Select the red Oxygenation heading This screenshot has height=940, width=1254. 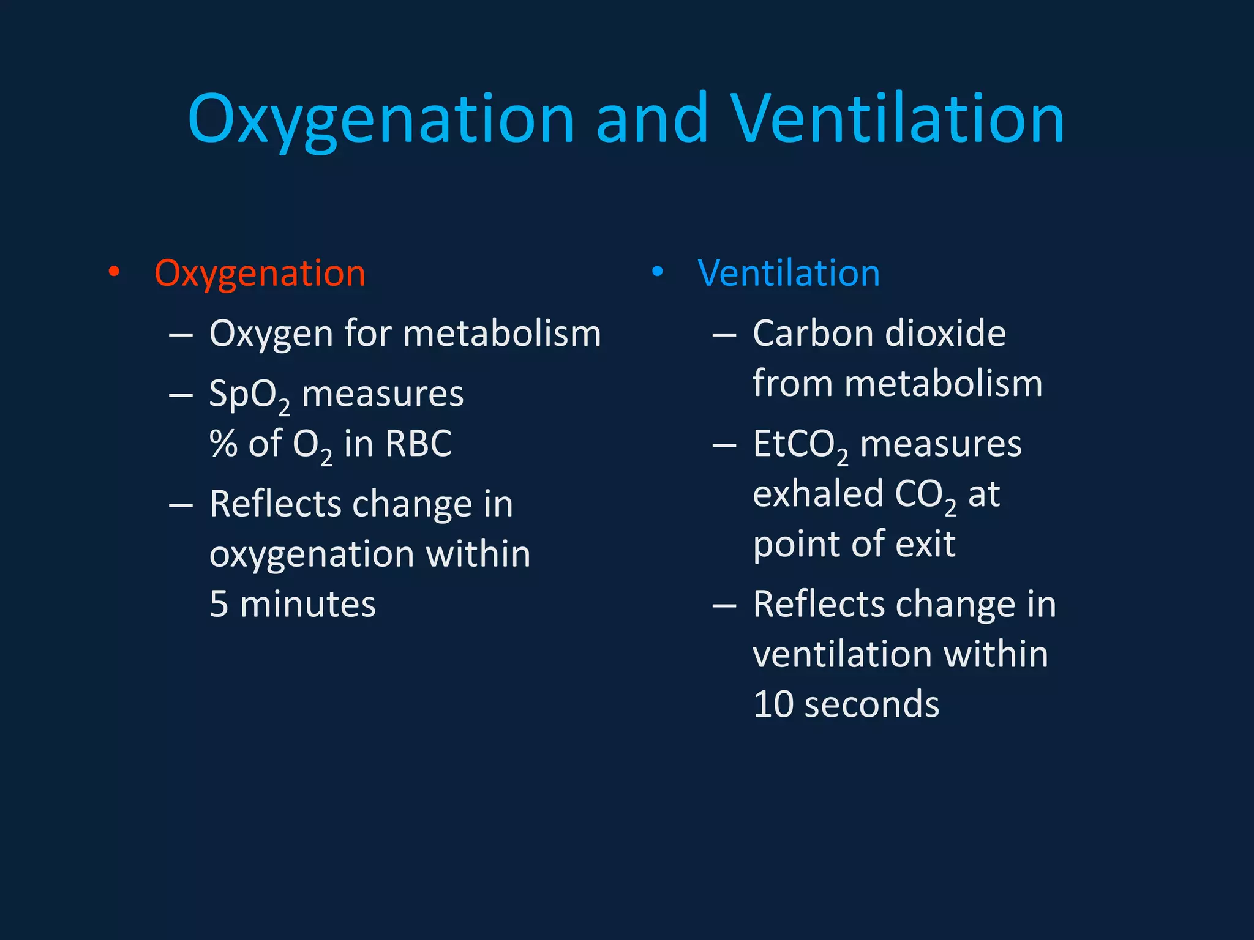tap(260, 273)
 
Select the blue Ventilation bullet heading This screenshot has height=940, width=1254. tap(788, 273)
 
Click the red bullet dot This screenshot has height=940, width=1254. tap(114, 272)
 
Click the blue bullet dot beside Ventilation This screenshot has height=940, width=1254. tap(657, 272)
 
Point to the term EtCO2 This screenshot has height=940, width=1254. tap(800, 445)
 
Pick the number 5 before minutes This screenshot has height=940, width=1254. tap(219, 605)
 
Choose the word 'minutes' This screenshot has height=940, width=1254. tap(307, 605)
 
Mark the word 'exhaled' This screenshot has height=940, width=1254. tap(819, 494)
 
